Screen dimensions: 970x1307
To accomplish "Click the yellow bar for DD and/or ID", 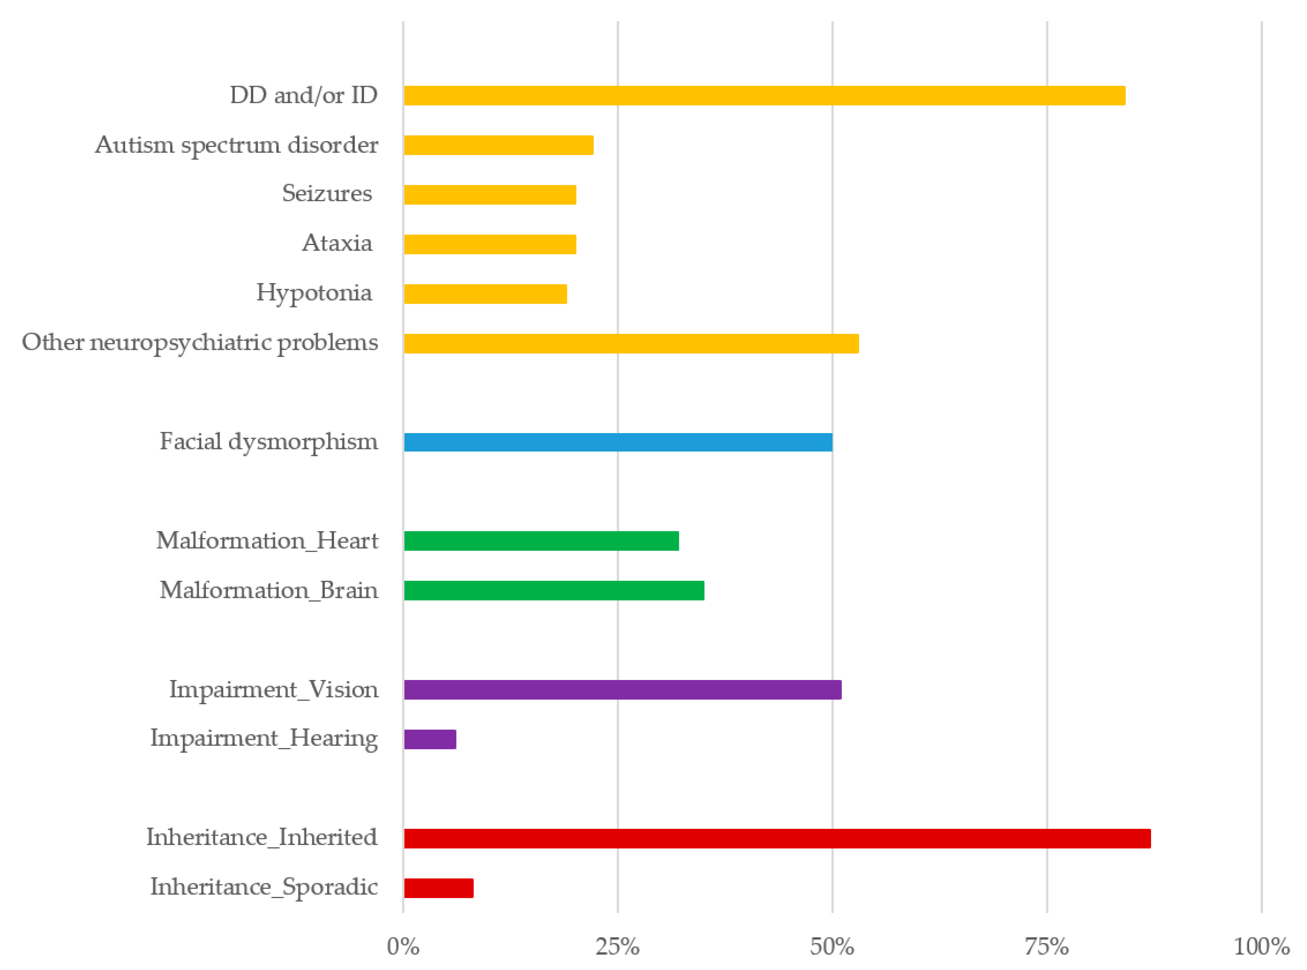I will [x=763, y=96].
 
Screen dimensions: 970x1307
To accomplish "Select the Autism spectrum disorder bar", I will [x=498, y=145].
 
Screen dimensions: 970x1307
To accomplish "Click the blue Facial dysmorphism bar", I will [x=618, y=442].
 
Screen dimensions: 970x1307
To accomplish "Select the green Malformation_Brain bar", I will [x=554, y=591].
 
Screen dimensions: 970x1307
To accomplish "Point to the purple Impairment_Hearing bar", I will [x=430, y=739].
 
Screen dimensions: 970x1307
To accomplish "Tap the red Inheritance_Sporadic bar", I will [x=438, y=888].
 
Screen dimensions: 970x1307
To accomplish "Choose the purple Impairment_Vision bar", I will [x=622, y=689].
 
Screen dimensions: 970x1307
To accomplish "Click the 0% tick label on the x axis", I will [x=403, y=947].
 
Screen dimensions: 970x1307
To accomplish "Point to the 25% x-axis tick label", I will [x=617, y=947].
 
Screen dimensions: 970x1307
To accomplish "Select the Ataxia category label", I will [x=337, y=243].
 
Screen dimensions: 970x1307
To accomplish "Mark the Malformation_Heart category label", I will [x=267, y=541].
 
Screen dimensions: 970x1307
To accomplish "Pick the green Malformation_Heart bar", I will [x=541, y=541].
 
